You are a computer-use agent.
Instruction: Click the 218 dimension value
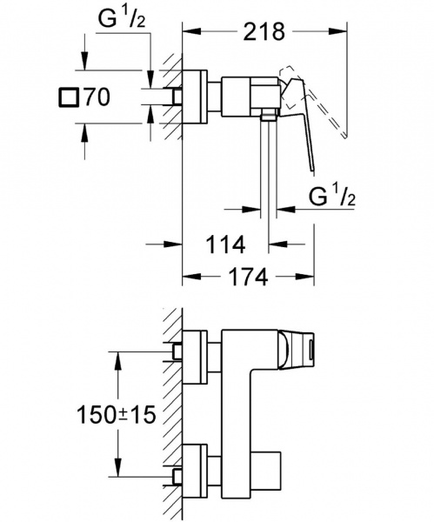click(264, 31)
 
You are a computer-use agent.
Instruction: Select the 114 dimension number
click(226, 244)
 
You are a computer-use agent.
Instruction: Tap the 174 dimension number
click(248, 277)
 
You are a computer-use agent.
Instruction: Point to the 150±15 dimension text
click(117, 415)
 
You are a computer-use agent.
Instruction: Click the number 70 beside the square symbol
click(97, 97)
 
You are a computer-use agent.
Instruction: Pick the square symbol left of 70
click(69, 97)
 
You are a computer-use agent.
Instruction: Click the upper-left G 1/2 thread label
click(122, 19)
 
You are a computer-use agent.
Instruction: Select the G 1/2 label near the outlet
click(332, 197)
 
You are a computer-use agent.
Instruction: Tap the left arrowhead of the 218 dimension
click(192, 31)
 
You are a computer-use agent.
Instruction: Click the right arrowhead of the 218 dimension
click(337, 31)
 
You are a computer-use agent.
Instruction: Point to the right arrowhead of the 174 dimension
click(304, 277)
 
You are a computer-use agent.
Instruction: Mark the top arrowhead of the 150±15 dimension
click(117, 360)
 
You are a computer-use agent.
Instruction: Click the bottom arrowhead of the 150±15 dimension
click(117, 467)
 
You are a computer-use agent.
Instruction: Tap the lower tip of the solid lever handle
click(312, 171)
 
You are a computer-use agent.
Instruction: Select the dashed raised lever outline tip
click(344, 136)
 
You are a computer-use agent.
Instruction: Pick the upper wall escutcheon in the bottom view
click(195, 357)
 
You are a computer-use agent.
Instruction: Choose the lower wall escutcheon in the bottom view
click(195, 471)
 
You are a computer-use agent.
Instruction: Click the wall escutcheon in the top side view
click(195, 97)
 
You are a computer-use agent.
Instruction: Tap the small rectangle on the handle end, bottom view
click(310, 352)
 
